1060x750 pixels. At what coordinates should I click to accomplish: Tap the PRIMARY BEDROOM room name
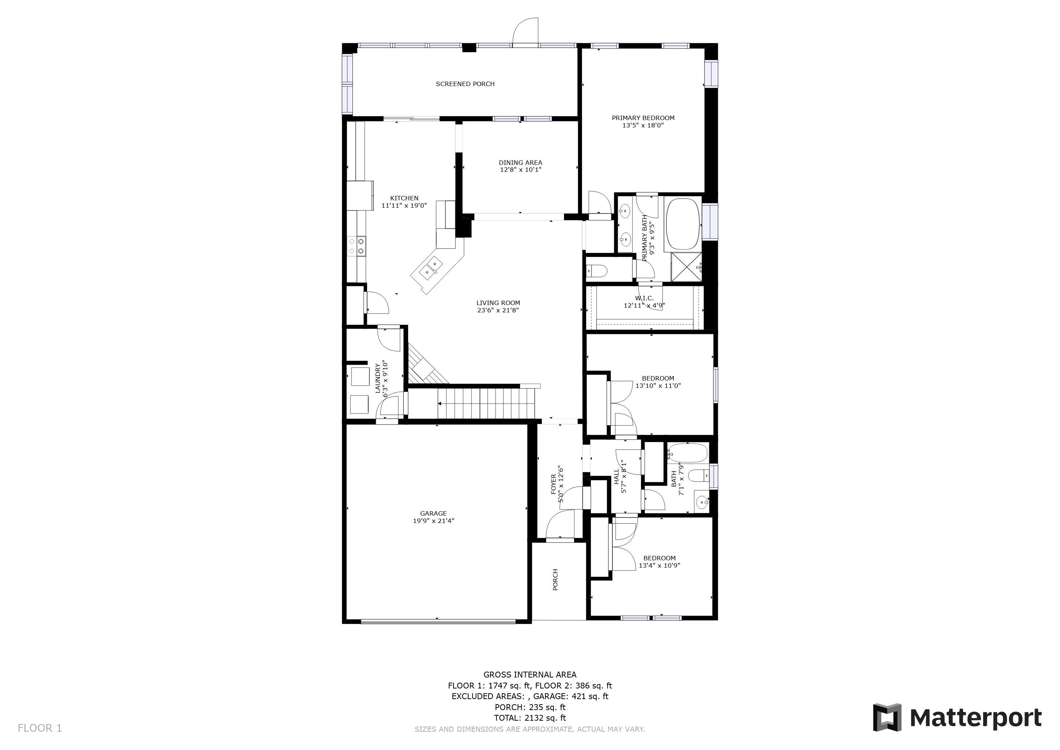pos(643,118)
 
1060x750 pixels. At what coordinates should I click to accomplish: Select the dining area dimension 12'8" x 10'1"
pos(520,170)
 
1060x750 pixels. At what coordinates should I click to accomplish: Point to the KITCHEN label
pos(404,198)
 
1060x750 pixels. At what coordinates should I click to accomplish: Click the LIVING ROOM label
pos(498,303)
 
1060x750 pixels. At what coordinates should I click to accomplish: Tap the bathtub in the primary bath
pos(683,225)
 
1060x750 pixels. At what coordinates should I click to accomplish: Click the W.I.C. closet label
pos(645,298)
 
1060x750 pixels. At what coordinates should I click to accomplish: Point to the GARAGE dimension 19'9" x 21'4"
pos(433,520)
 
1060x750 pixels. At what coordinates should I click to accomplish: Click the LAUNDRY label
pos(378,378)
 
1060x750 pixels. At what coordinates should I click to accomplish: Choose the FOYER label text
pos(553,484)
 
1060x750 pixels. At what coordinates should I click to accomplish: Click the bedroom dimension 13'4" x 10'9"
pos(659,565)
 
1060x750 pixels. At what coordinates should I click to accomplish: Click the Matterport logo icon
pos(887,717)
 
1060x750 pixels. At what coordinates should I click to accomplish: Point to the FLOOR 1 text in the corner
pos(40,728)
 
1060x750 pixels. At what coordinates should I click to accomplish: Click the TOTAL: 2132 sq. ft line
pos(530,718)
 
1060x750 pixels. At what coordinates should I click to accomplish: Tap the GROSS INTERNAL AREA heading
pos(530,675)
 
